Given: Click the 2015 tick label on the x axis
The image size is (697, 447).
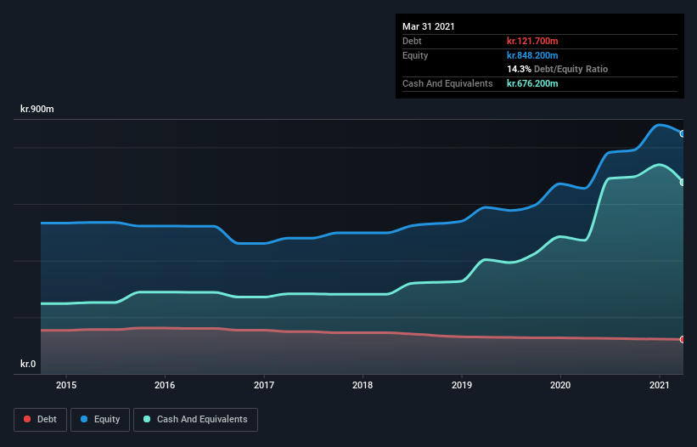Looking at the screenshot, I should click(66, 385).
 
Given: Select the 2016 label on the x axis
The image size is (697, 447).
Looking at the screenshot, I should click(165, 385).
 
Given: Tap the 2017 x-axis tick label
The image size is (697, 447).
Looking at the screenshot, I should click(264, 385).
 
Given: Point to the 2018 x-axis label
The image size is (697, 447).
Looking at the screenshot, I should click(363, 385).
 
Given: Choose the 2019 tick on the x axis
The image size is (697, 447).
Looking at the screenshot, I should click(461, 385).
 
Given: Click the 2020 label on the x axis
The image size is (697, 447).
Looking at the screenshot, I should click(560, 385).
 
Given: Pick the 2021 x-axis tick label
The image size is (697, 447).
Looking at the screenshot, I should click(659, 385).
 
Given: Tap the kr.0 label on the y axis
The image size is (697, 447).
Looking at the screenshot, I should click(29, 365).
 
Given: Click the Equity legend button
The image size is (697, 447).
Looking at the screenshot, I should click(100, 419).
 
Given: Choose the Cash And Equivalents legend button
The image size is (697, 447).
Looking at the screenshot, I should click(195, 419).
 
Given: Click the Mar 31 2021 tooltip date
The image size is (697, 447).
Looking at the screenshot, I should click(429, 26).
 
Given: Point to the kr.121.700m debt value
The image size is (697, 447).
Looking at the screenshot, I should click(532, 41).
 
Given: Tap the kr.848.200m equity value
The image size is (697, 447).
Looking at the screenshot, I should click(532, 55).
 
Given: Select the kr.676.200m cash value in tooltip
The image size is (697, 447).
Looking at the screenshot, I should click(532, 83).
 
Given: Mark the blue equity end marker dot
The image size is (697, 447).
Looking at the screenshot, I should click(683, 133).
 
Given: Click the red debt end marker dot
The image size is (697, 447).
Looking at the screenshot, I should click(683, 340).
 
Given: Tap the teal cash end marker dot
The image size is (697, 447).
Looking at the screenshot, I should click(683, 182).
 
